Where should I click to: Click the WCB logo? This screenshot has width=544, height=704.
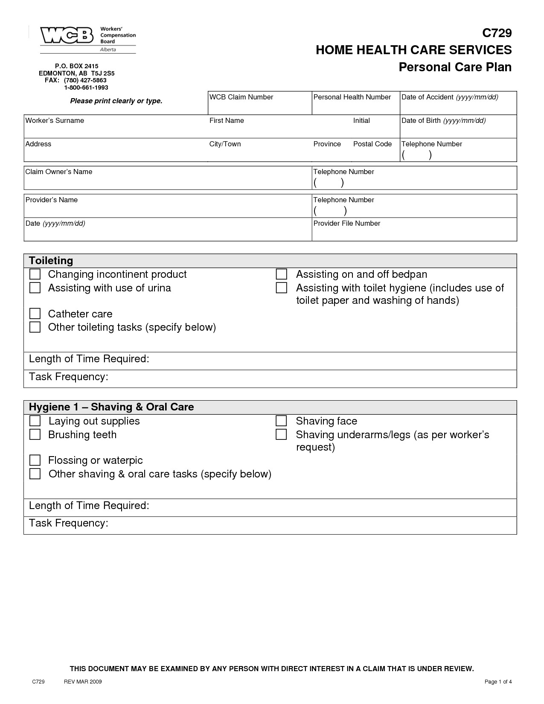[67, 35]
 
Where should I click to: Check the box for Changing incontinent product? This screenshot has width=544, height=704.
[35, 274]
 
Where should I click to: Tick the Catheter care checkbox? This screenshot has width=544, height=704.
[35, 314]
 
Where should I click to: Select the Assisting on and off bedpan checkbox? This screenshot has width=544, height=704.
[281, 274]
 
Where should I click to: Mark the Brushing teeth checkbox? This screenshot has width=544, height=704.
[35, 435]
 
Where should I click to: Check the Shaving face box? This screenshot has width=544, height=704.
[281, 421]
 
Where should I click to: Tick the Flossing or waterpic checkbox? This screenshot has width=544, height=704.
[35, 460]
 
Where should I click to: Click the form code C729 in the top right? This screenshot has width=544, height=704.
[497, 33]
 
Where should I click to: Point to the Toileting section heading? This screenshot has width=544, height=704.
[51, 261]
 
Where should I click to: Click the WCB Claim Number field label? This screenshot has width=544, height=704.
[241, 97]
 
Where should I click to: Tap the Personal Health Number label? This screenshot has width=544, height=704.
[352, 97]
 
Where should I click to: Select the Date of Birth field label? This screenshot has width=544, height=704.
[443, 121]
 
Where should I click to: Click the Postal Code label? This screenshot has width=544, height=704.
[372, 144]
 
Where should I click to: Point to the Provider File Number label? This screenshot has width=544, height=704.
[346, 224]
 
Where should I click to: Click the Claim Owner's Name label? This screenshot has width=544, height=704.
[59, 172]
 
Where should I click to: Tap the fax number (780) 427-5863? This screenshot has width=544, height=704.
[85, 80]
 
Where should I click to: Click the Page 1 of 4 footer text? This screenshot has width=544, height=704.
[498, 682]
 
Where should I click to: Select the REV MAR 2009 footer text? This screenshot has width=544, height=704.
[83, 682]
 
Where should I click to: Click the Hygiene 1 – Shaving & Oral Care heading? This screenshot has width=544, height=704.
[111, 407]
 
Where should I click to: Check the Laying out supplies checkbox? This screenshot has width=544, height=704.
[35, 421]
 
